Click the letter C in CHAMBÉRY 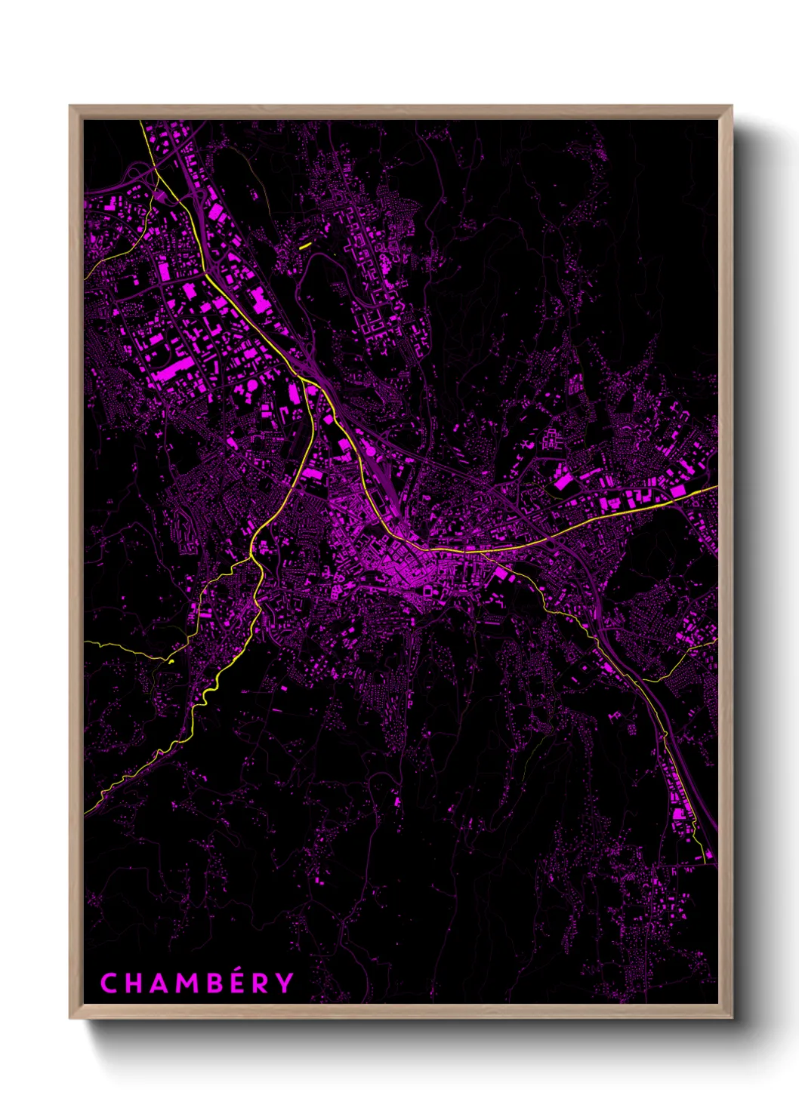[x=108, y=983]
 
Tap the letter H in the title [x=131, y=983]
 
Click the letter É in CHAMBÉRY [x=233, y=983]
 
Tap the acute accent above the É [x=235, y=970]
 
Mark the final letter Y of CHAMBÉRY [x=283, y=983]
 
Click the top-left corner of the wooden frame [x=70, y=106]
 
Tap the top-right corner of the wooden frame [x=731, y=106]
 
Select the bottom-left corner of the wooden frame [x=70, y=1017]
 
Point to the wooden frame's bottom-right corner [x=731, y=1017]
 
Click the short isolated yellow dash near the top [x=305, y=245]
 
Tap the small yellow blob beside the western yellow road [x=171, y=662]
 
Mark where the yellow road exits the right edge [x=715, y=488]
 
